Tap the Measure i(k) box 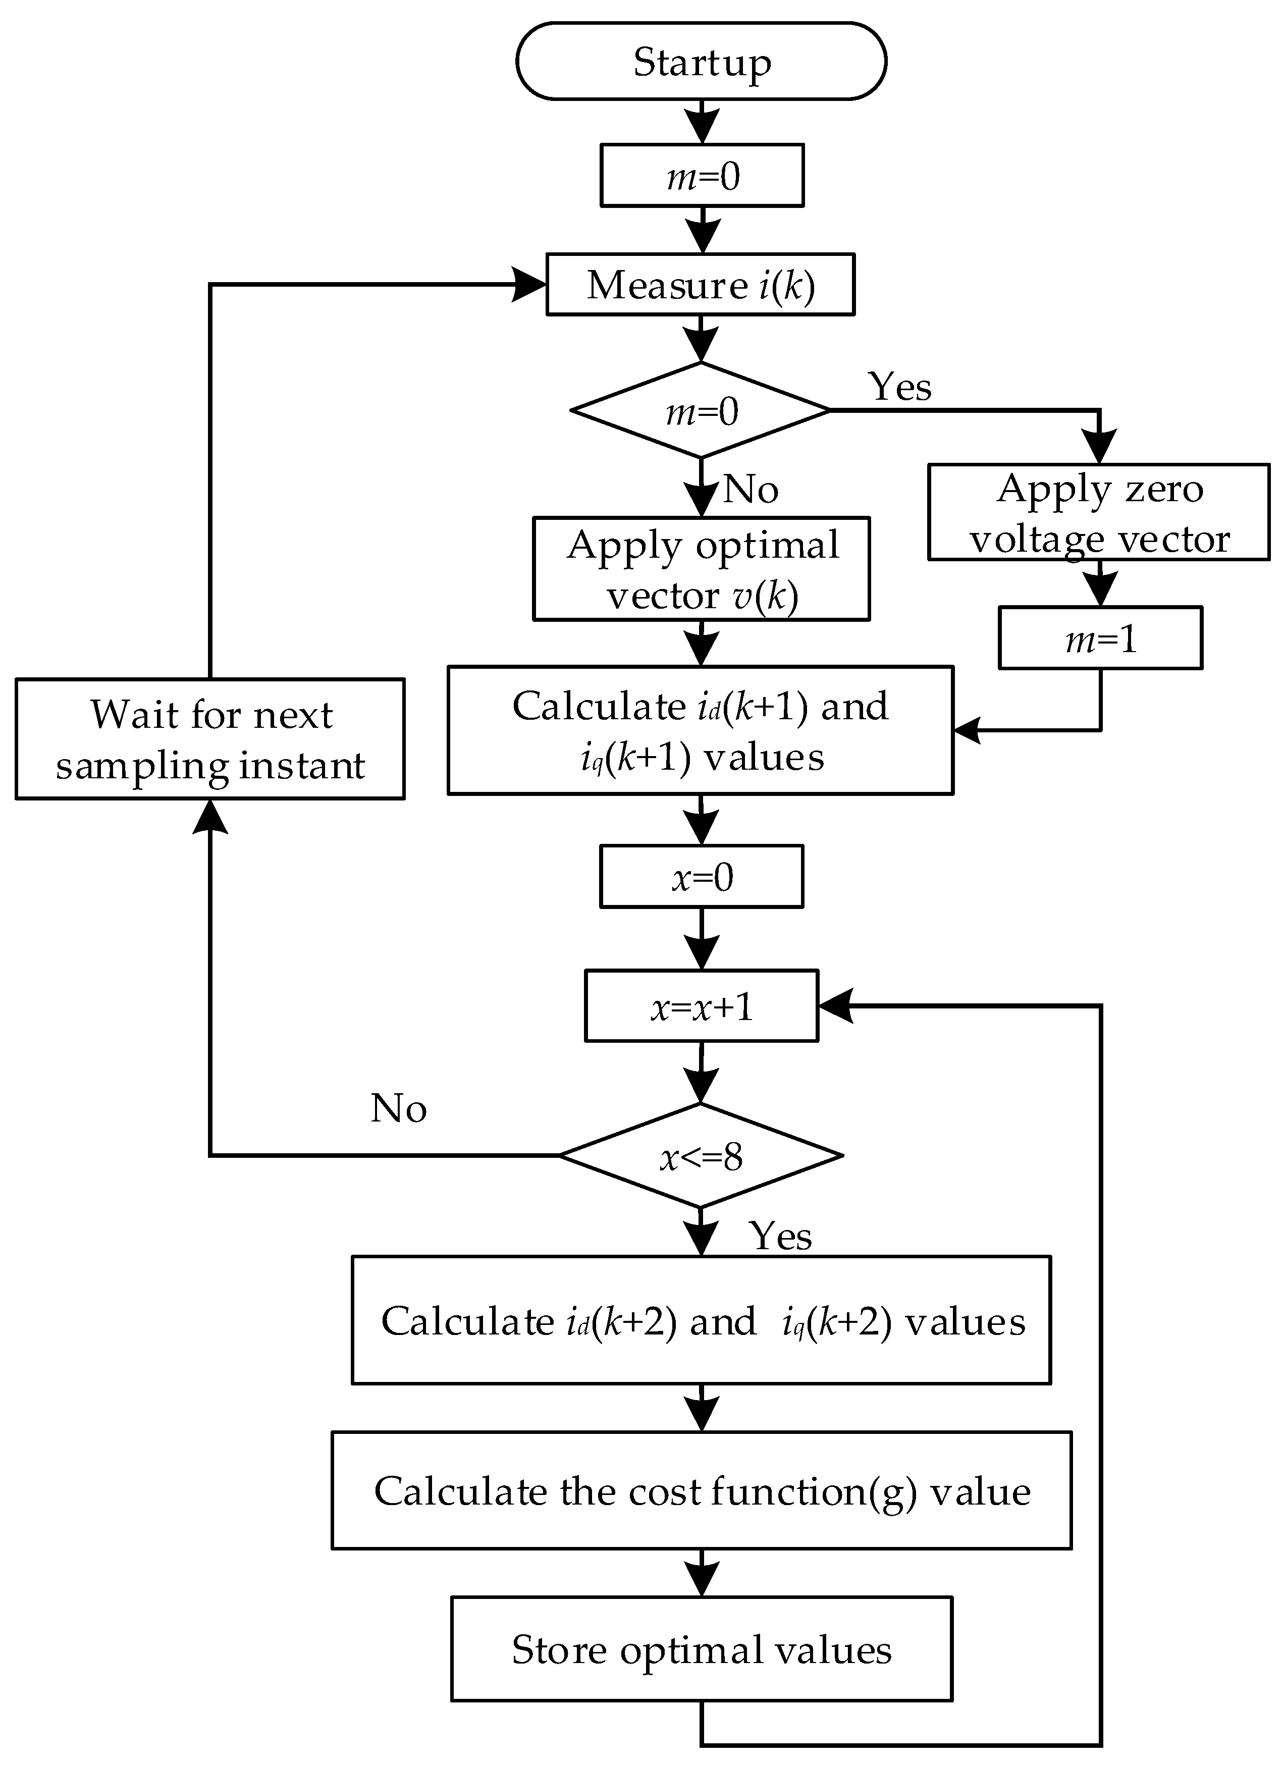pos(701,284)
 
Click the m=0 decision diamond pos(701,410)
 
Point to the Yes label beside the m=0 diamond pos(899,386)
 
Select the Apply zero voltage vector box pos(1098,513)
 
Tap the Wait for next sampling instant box pos(210,739)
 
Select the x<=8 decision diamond pos(701,1156)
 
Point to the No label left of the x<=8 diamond pos(398,1108)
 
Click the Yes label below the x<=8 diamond pos(780,1236)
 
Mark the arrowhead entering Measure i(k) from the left pos(529,285)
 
